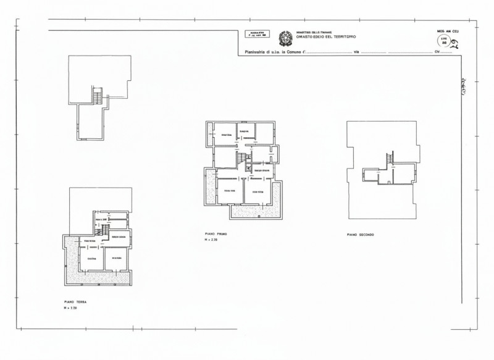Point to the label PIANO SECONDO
click(x=361, y=235)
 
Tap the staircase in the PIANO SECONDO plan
click(x=390, y=159)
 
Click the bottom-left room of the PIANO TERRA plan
click(x=91, y=259)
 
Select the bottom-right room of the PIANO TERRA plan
click(x=116, y=259)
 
